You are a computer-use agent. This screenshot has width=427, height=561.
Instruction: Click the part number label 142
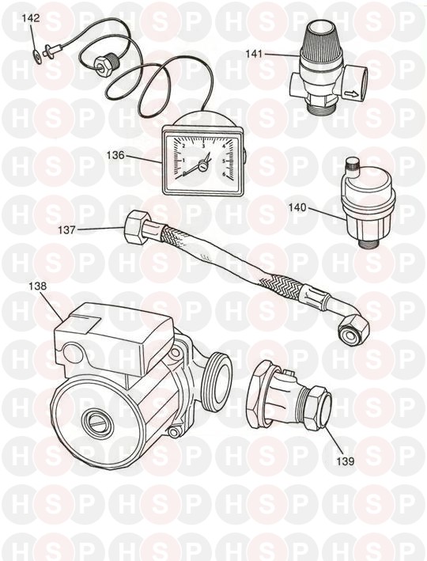click(31, 18)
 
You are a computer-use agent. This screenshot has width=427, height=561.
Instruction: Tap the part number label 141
click(254, 54)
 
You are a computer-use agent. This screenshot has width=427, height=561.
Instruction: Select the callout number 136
click(115, 156)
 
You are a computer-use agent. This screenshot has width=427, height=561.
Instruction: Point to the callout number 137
click(67, 229)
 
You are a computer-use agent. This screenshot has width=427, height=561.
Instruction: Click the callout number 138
click(38, 286)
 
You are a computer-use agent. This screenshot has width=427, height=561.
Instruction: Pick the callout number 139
click(345, 461)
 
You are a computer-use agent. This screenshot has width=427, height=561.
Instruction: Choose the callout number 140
click(298, 207)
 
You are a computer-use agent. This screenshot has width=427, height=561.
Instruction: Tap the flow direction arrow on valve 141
click(351, 95)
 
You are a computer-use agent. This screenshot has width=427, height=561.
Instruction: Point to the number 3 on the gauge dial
click(203, 146)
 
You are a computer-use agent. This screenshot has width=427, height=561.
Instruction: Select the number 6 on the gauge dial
click(225, 175)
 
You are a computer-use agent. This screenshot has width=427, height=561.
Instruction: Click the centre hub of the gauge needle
click(202, 166)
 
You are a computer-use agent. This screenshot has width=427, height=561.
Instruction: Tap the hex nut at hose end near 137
click(135, 227)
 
